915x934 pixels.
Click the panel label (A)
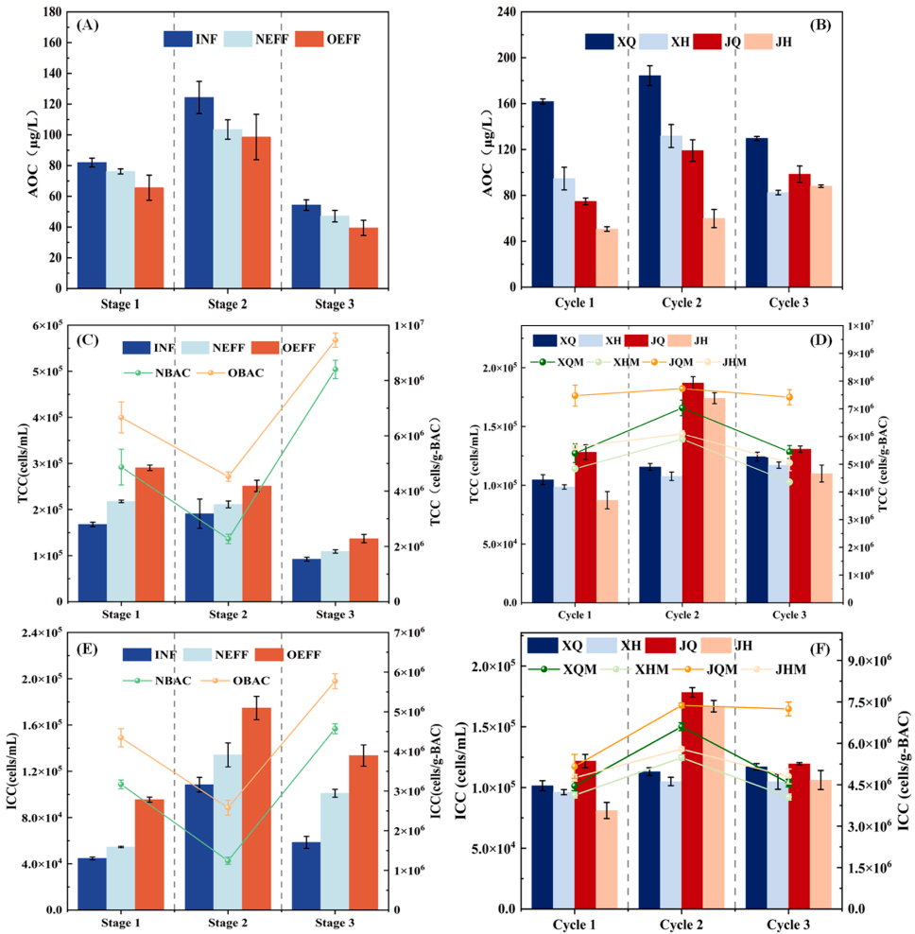click(x=90, y=26)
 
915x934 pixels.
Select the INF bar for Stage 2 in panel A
click(x=199, y=193)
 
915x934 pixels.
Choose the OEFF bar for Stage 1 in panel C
click(x=149, y=534)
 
